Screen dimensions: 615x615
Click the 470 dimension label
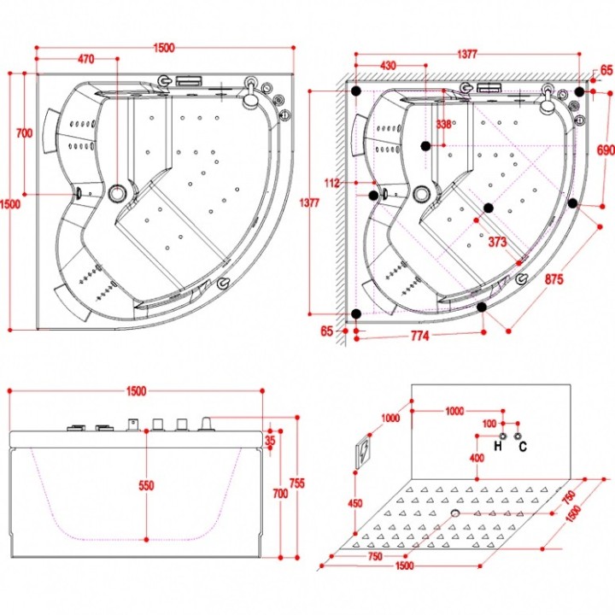(86, 59)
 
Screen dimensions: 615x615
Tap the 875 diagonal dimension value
(553, 279)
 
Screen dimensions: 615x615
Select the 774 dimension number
(419, 337)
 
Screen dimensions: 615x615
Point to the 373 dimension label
(497, 242)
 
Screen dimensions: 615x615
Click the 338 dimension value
(443, 125)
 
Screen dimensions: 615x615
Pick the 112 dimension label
(331, 183)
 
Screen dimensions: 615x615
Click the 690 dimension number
(606, 149)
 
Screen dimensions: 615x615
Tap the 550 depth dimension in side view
(146, 485)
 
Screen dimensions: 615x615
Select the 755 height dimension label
(297, 483)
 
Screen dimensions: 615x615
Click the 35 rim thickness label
(270, 441)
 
